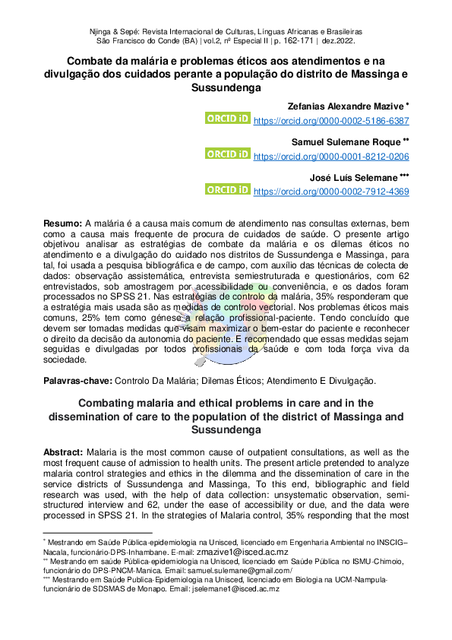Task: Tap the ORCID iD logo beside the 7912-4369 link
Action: [228, 189]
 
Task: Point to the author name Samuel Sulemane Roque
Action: [349, 141]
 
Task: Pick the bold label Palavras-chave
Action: [77, 379]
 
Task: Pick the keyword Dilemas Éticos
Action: [225, 379]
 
